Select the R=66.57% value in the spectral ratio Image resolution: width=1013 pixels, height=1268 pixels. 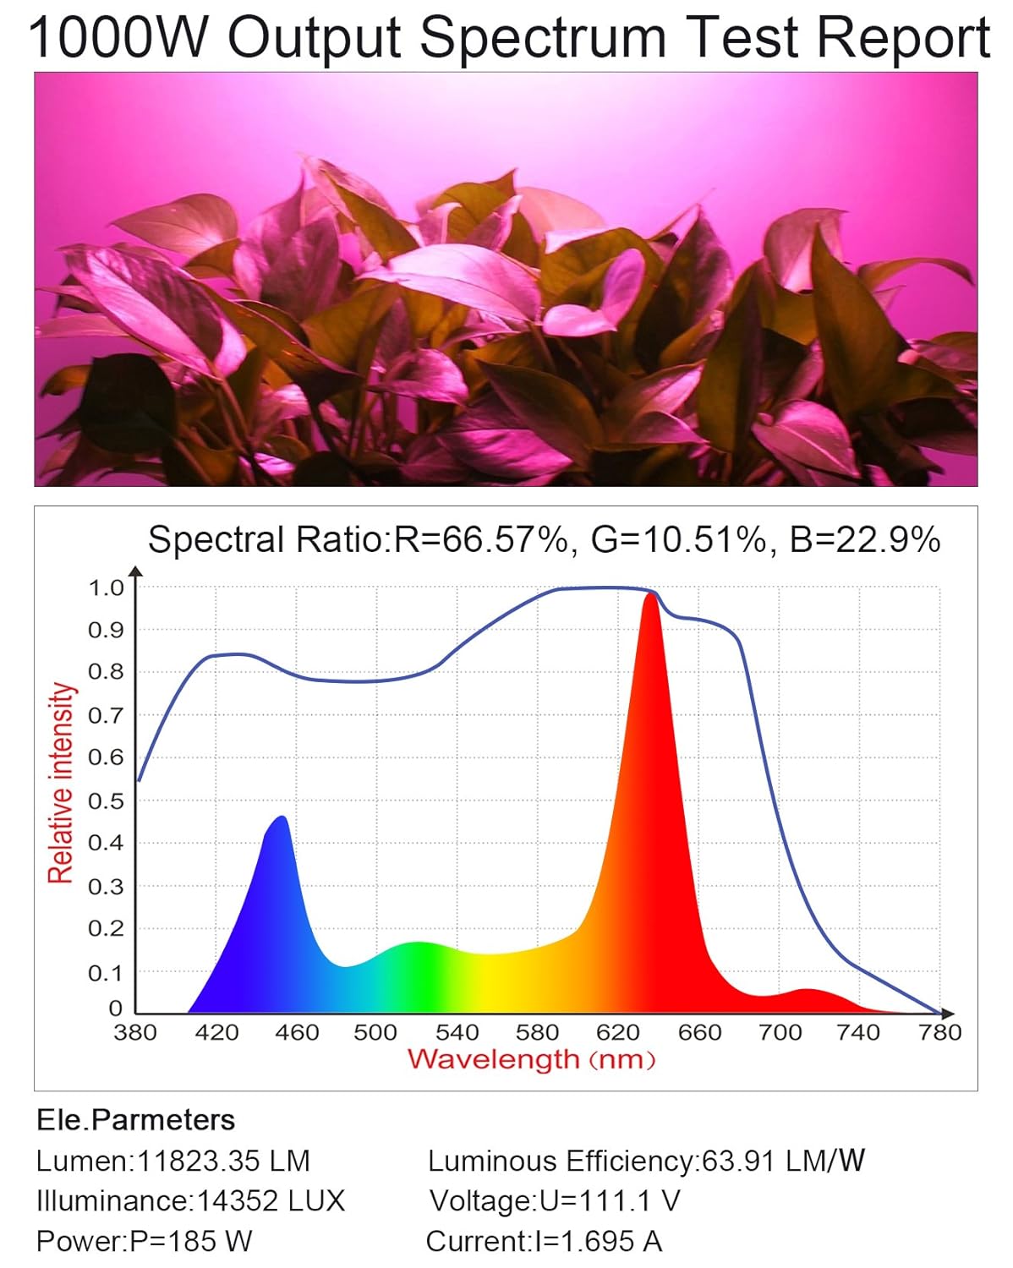[481, 539]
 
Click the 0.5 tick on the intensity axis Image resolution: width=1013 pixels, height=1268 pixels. [106, 800]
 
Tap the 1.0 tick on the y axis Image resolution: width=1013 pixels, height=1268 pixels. [106, 588]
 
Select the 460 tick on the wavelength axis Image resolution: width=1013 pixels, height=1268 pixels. [296, 1032]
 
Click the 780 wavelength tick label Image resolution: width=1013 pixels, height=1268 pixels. [939, 1032]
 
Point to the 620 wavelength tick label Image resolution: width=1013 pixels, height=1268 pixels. [617, 1032]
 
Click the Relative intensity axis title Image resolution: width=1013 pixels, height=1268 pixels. [61, 783]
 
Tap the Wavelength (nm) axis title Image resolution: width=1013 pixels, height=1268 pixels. [532, 1059]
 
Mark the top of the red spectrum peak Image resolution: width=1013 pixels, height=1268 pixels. [650, 595]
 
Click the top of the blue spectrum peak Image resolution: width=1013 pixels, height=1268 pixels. [282, 817]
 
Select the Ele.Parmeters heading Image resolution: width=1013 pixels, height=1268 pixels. [136, 1120]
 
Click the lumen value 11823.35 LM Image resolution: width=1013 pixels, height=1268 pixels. [223, 1161]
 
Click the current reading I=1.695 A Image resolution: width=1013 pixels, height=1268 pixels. [598, 1241]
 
